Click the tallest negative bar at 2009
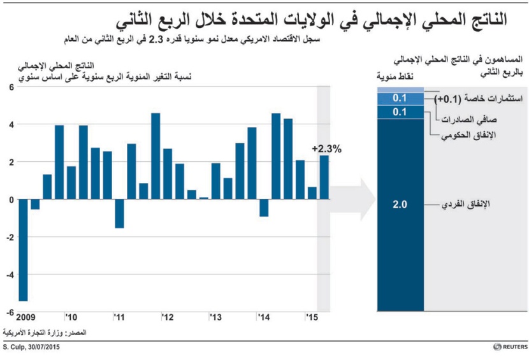[x=23, y=250]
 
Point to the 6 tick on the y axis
[x=11, y=87]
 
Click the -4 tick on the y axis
[x=9, y=275]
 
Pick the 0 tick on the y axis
[x=11, y=199]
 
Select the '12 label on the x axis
[x=168, y=317]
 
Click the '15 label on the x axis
[x=312, y=317]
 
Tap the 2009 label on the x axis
[x=25, y=317]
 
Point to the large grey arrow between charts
[x=354, y=198]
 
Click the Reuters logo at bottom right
[x=509, y=347]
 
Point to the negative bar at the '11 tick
[x=119, y=213]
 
